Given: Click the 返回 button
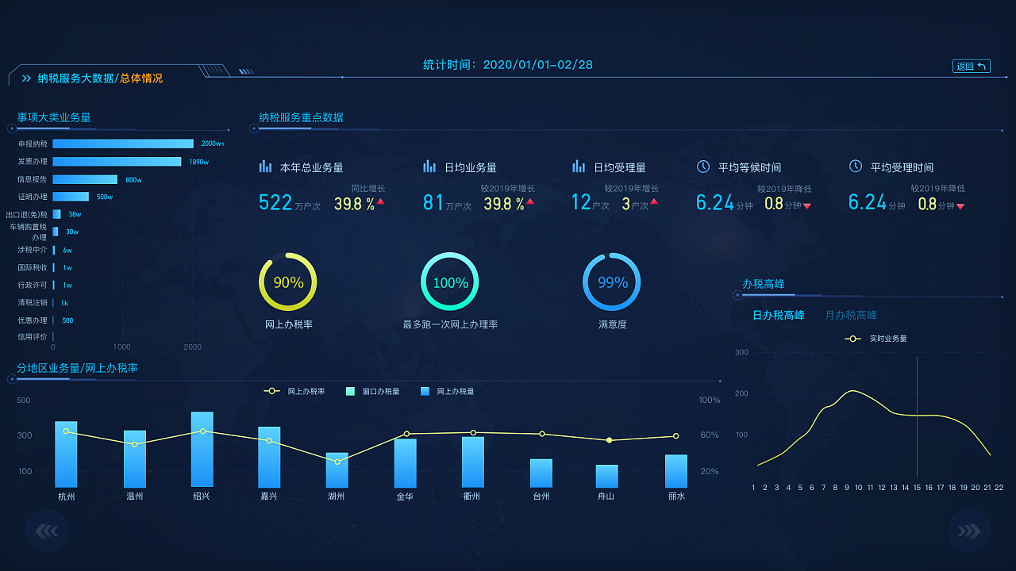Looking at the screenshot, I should (971, 67).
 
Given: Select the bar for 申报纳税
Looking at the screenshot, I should (123, 144).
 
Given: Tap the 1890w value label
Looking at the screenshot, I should (198, 162).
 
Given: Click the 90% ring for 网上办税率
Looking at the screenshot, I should (288, 282).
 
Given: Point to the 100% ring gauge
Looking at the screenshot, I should (450, 282).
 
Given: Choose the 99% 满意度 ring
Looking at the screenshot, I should (612, 282).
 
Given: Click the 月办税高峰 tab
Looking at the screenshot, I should (851, 316).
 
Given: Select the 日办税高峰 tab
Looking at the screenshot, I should (778, 316).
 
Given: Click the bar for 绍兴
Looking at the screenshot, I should (202, 449).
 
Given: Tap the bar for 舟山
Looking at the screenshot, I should (607, 476).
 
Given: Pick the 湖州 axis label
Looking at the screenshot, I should (336, 497).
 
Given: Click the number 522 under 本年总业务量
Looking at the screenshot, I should (275, 203).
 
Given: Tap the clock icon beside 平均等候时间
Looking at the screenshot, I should (703, 167).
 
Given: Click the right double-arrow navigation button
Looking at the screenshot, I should (969, 531).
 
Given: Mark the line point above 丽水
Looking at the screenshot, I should (675, 436).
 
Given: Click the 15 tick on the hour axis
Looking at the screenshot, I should (916, 488).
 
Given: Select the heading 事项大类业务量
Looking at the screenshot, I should (54, 117).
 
